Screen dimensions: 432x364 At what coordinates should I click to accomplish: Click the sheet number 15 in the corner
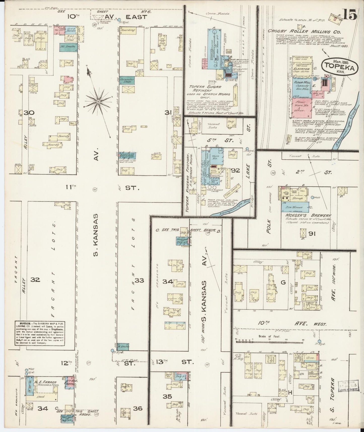click(350, 16)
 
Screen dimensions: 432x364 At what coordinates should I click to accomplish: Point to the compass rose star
click(98, 101)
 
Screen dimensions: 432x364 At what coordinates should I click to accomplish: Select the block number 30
click(29, 113)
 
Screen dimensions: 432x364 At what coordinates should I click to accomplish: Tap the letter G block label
click(283, 282)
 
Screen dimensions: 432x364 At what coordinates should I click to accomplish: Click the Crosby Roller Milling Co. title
click(304, 32)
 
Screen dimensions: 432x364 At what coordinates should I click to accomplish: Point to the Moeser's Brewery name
click(308, 215)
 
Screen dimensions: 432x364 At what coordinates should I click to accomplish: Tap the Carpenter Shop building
click(127, 80)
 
